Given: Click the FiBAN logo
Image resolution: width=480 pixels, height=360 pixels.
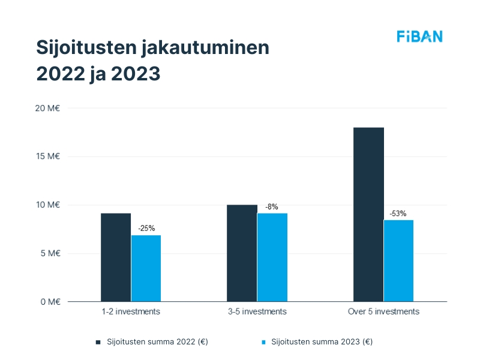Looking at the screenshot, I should pos(419,37).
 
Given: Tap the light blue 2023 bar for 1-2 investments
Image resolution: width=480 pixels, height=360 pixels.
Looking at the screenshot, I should pos(146,268).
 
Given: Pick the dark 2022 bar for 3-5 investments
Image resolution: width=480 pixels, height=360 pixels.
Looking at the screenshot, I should pos(242,253).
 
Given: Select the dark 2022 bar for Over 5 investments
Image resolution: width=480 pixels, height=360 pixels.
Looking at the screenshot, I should pos(368,214).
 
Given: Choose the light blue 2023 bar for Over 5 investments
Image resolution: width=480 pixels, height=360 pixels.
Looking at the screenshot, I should pos(399,260).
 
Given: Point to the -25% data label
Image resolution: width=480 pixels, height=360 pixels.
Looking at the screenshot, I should pos(146,228).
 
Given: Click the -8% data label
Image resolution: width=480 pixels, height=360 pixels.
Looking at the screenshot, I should pos(272,206).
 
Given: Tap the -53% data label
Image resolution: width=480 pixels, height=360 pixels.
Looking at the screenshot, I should pos(398,213).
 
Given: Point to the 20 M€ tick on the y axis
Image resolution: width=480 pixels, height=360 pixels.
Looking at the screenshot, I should pos(48,108).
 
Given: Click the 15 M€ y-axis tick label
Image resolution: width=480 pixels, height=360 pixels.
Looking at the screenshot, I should pos(48,157).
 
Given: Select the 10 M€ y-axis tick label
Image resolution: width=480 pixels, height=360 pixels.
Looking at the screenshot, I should pos(48,205).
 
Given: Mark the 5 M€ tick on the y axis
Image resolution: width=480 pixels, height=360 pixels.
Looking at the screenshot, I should pos(50,253).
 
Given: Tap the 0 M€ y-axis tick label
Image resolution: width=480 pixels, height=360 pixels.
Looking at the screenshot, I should pos(50,302).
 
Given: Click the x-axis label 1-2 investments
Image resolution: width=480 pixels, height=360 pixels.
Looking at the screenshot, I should pos(131,312).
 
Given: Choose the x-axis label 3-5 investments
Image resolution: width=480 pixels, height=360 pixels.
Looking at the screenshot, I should pos(257,312).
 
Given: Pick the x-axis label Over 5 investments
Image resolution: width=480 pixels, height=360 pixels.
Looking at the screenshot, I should pos(383,312).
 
